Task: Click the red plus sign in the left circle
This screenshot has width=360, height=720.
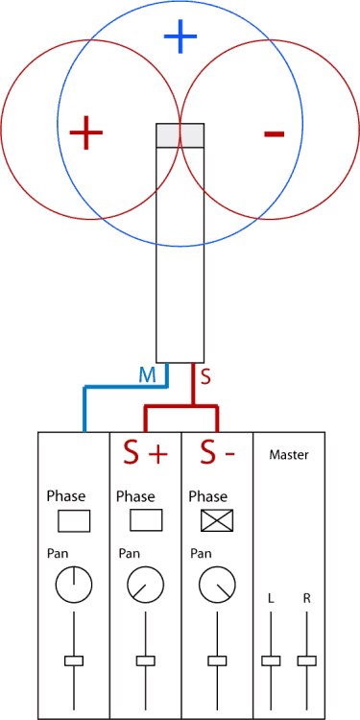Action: tap(86, 132)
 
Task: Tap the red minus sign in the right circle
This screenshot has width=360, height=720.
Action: tap(274, 133)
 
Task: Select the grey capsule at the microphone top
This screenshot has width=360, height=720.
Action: tap(180, 134)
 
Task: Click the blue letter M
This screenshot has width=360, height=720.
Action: tap(147, 374)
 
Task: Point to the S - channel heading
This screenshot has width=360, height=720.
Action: tap(216, 451)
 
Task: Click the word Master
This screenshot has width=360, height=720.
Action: tap(289, 454)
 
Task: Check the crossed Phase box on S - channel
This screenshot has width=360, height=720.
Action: tap(216, 520)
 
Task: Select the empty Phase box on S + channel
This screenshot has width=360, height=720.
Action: tap(145, 520)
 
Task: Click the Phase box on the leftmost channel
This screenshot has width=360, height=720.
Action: tap(74, 520)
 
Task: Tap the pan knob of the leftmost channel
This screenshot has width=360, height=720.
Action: tap(73, 583)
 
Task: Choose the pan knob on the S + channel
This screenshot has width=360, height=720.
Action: tap(145, 583)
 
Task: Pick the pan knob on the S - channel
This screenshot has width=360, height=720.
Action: tap(216, 583)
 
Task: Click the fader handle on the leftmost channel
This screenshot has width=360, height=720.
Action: tap(74, 660)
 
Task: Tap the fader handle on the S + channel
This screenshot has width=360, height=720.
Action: tap(145, 660)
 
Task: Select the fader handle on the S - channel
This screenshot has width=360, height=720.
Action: tap(216, 660)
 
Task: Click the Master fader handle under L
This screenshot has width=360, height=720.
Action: tap(272, 660)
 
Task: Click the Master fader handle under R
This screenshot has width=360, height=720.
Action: tap(307, 660)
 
